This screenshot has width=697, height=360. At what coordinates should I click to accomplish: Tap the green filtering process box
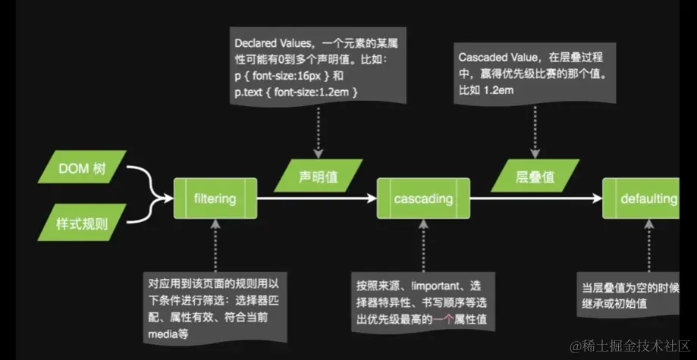click(x=215, y=199)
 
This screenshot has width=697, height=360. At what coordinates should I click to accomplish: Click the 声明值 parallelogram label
click(x=316, y=177)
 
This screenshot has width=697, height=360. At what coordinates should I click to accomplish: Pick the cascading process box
click(x=423, y=199)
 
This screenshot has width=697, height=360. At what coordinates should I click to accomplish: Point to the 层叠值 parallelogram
click(x=535, y=177)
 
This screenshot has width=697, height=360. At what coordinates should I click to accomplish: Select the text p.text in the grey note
click(x=251, y=92)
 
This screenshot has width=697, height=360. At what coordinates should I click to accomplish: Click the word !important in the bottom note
click(x=436, y=286)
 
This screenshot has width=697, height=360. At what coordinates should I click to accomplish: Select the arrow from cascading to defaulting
click(x=535, y=199)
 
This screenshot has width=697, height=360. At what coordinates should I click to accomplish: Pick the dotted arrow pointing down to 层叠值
click(x=536, y=130)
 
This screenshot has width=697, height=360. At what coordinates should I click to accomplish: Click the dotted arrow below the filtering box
click(x=215, y=244)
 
